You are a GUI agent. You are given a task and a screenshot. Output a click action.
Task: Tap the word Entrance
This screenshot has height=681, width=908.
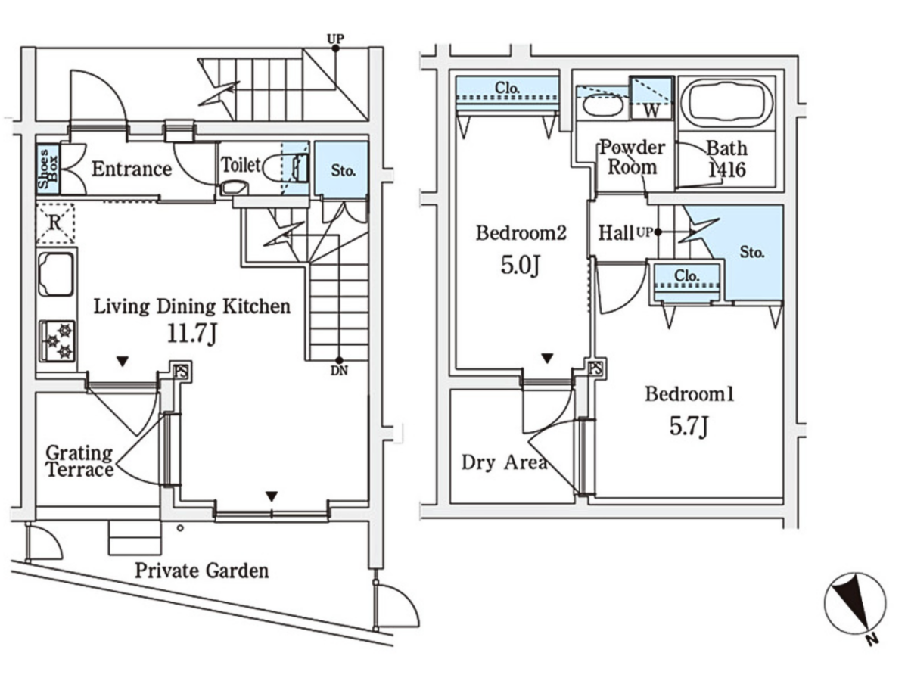coord(132,169)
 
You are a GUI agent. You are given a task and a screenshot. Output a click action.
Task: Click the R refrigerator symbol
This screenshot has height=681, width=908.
coord(55,223)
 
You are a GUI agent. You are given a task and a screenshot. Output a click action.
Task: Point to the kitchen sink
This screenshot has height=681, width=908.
coord(56,274)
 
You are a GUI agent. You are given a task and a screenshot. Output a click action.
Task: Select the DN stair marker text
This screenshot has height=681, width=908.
coord(339,370)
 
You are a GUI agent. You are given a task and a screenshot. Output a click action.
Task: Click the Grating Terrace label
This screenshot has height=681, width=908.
coord(79,462)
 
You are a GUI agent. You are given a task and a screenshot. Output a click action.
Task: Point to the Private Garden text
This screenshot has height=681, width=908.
coord(201,571)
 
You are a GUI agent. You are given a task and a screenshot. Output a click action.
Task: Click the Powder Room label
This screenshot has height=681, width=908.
coord(633,156)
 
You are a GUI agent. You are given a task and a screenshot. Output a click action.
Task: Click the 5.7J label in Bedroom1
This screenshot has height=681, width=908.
coord(689,428)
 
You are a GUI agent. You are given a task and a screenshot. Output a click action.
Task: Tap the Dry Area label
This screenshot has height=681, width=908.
coord(504,462)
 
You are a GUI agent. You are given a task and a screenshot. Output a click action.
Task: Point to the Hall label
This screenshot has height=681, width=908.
coord(616,233)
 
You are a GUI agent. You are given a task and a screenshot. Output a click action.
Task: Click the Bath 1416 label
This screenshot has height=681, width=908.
coord(726,158)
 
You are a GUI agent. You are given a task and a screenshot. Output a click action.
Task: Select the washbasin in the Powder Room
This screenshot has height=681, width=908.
coord(601,106)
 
